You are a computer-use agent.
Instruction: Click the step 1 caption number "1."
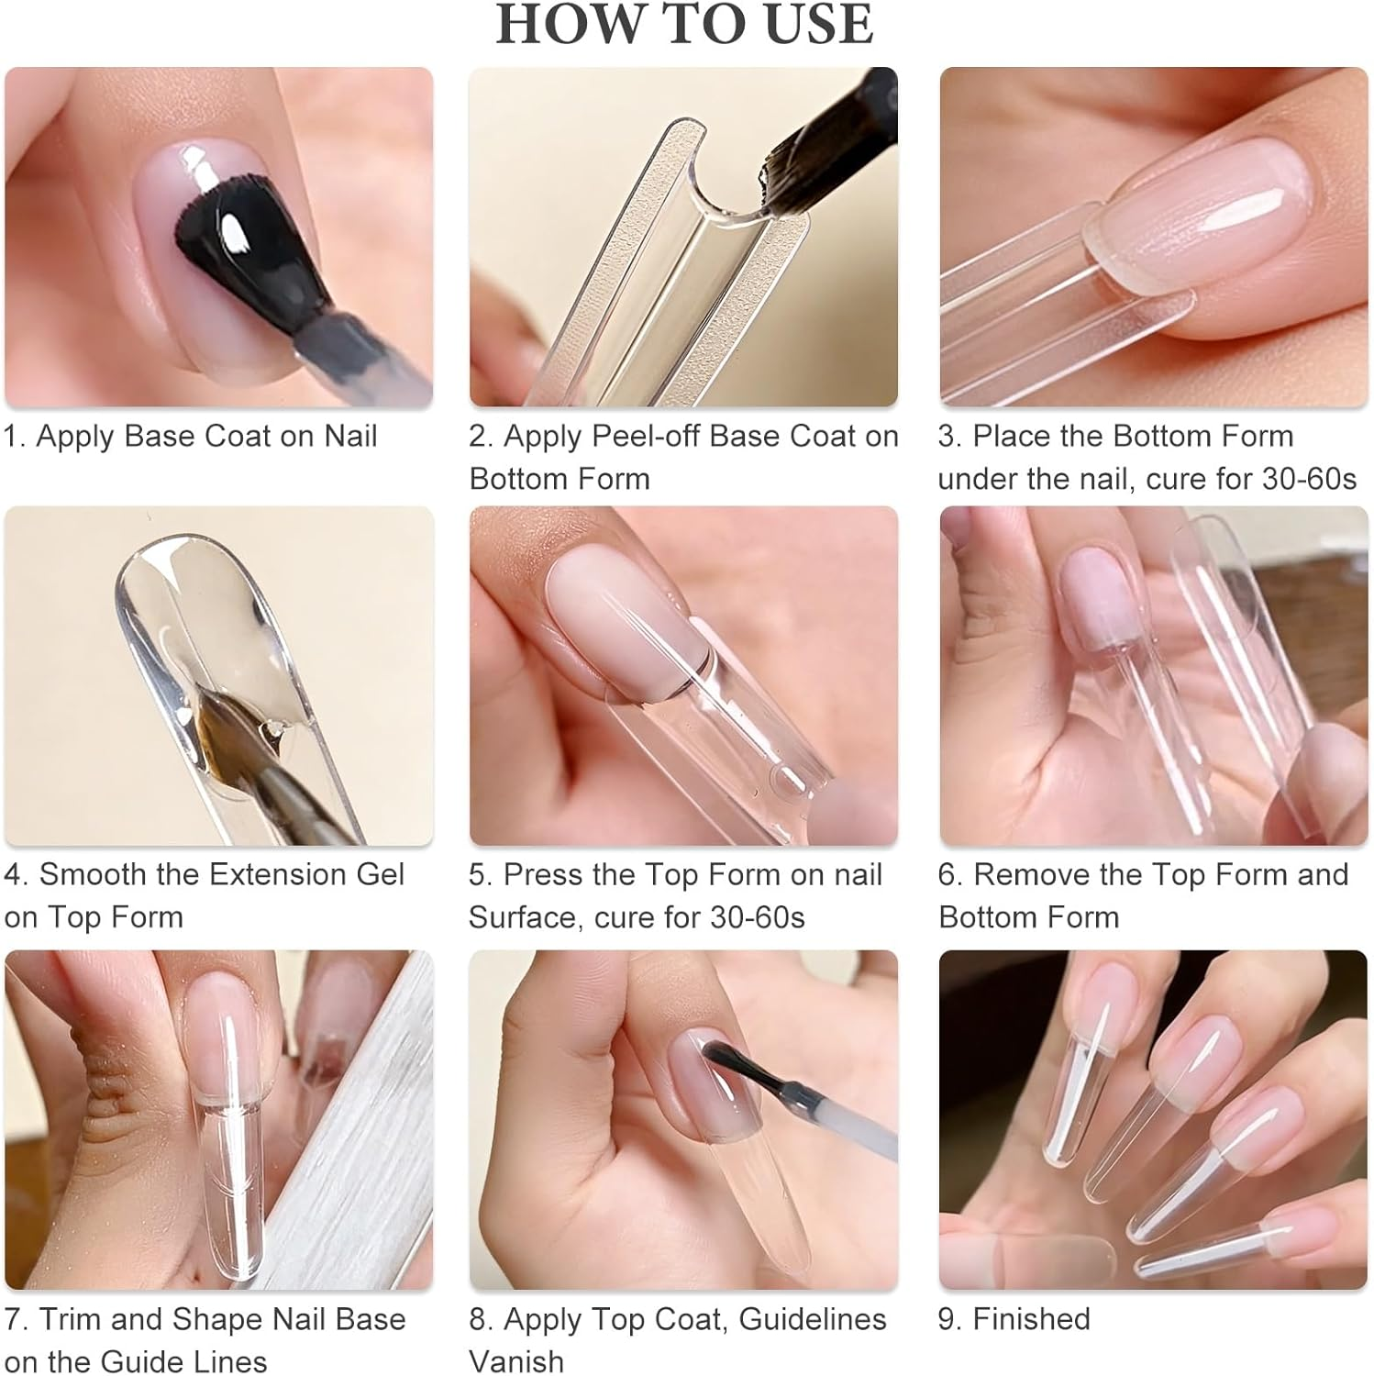[15, 436]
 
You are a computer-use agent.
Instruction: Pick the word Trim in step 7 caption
[70, 1319]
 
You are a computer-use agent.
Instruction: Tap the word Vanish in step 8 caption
[516, 1361]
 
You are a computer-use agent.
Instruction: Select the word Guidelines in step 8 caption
[813, 1319]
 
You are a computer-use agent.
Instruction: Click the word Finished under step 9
[1031, 1319]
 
